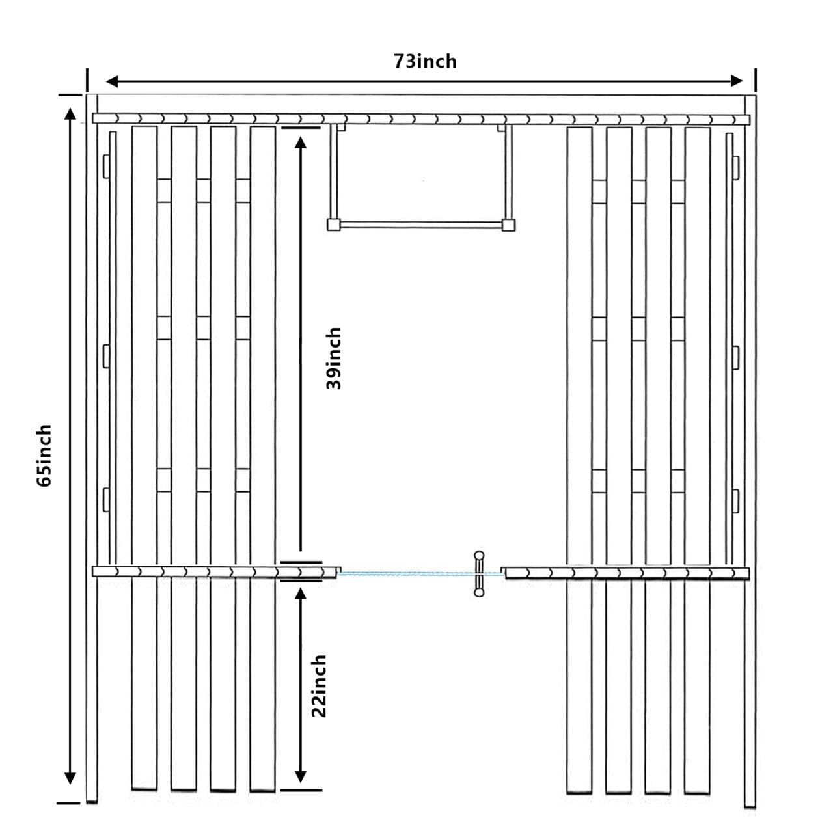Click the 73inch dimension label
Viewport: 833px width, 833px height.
[x=425, y=61]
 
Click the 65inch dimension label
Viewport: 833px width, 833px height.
[x=44, y=455]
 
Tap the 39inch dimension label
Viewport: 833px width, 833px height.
[x=334, y=358]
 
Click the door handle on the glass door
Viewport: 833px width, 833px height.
[x=479, y=573]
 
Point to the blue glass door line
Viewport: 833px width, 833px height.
[x=403, y=574]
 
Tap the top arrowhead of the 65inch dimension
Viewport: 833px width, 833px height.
[x=70, y=114]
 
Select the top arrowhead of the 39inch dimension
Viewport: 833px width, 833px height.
[x=300, y=143]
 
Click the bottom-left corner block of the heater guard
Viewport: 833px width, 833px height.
[x=334, y=225]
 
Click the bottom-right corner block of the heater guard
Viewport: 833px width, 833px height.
[x=508, y=225]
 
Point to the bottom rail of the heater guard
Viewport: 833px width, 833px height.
[x=421, y=225]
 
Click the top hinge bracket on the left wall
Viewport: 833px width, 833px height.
[x=105, y=166]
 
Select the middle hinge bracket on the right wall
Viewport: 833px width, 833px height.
[x=736, y=356]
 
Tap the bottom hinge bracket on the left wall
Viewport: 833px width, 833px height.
[x=105, y=499]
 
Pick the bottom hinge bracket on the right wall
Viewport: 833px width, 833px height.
[x=736, y=500]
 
